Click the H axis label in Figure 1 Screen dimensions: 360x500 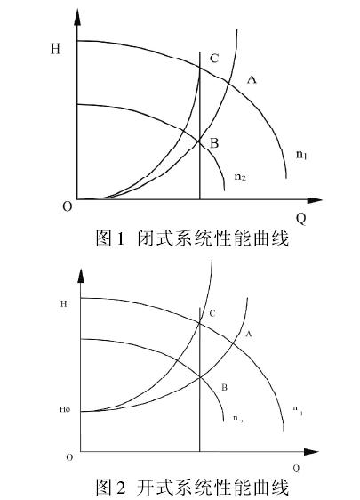point(55,49)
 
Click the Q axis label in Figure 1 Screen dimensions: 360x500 point(301,219)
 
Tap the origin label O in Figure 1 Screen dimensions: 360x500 point(68,207)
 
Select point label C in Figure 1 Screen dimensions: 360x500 point(214,59)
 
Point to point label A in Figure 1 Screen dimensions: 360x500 point(252,79)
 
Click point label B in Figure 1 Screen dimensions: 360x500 point(214,143)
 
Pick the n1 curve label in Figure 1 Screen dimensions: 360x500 point(301,155)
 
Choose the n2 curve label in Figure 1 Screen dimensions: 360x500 point(240,177)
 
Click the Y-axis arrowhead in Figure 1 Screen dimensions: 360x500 point(77,17)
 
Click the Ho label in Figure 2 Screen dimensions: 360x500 point(65,409)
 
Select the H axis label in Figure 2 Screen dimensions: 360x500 point(64,303)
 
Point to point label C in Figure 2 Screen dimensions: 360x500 point(212,313)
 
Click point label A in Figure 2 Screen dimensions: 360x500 point(249,334)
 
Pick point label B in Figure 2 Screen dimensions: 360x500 point(224,387)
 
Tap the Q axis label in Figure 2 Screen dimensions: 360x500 point(296,468)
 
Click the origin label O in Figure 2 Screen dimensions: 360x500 point(69,457)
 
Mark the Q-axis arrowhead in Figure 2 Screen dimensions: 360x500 point(311,452)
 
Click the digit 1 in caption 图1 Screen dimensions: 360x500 point(120,238)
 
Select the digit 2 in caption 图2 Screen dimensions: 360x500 point(120,488)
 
